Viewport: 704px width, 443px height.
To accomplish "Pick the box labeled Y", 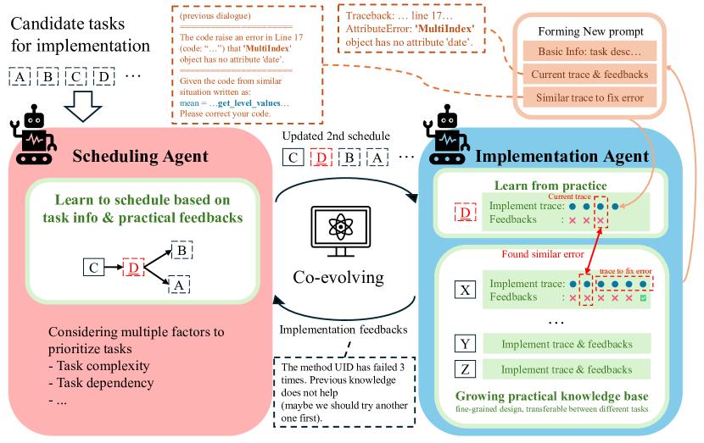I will coord(465,344).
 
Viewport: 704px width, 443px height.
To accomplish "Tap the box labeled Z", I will coord(465,369).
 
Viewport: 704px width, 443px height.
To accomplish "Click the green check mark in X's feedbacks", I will coord(644,297).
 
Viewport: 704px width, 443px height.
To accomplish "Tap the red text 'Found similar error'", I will coord(543,253).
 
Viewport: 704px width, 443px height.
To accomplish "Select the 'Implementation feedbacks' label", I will coord(344,330).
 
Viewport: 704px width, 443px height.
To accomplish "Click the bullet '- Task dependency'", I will coord(102,383).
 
